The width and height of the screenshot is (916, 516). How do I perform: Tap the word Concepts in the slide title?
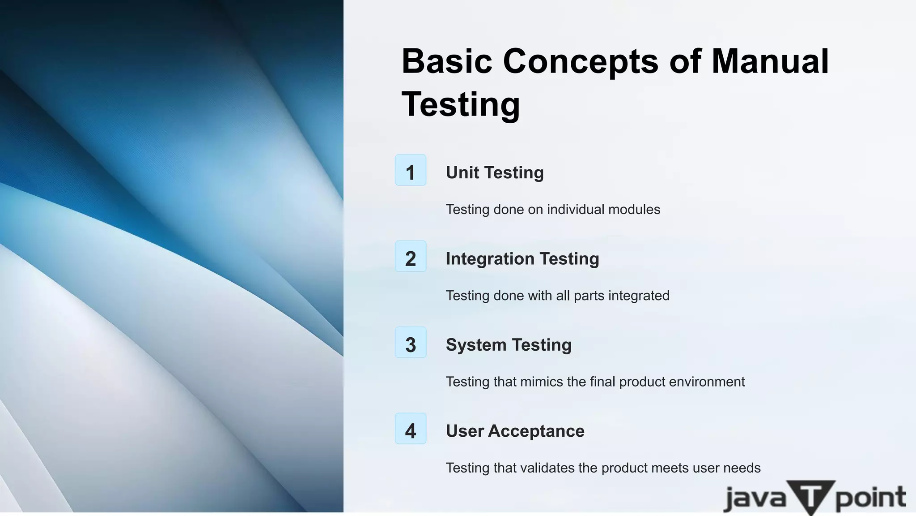coord(581,61)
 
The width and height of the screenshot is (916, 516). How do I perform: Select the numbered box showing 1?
coord(411,170)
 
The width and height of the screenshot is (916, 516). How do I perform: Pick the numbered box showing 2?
coord(411,256)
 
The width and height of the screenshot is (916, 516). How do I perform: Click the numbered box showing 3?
coord(411,343)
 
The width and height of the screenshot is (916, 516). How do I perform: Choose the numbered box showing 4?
coord(411,429)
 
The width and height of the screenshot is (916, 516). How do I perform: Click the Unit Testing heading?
coord(495,172)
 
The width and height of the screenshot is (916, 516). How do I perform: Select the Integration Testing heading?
coord(522,259)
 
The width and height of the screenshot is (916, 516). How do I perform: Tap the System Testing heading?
coord(509,345)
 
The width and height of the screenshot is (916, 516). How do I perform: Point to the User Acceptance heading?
coord(515,431)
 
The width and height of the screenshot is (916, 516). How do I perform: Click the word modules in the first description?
coord(634,209)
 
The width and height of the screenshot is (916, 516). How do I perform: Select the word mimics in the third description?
coord(541,382)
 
